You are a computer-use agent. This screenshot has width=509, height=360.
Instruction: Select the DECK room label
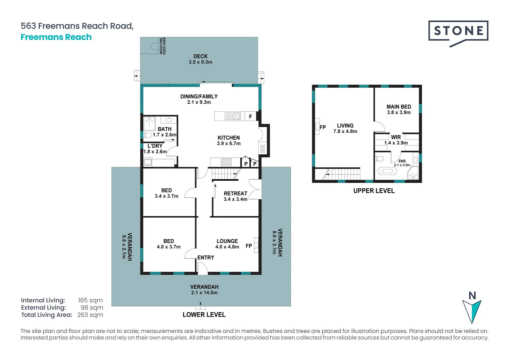(x=201, y=56)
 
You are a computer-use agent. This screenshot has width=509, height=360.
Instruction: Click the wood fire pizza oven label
(x=163, y=46)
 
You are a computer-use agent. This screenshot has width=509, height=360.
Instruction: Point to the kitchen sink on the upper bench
(x=233, y=116)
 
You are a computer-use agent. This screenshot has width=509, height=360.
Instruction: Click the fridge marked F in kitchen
(x=251, y=116)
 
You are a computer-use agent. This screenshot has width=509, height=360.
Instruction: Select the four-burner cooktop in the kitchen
(x=226, y=162)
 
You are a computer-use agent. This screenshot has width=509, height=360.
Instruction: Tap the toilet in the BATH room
(x=148, y=135)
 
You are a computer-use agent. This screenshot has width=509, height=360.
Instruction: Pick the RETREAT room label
(x=236, y=193)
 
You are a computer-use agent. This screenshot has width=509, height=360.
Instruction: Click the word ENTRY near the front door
(x=206, y=257)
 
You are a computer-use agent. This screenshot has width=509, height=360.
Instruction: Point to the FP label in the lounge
(x=249, y=246)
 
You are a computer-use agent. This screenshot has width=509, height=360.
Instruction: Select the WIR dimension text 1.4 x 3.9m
(x=396, y=143)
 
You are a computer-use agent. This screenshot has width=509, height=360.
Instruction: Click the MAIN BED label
(x=399, y=107)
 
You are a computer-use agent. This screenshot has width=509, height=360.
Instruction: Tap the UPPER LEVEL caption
(x=374, y=191)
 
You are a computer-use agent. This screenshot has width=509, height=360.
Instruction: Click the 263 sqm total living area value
(x=90, y=315)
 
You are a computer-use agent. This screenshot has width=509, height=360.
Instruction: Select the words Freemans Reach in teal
(x=56, y=37)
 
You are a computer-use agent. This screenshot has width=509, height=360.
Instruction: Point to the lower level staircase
(x=226, y=174)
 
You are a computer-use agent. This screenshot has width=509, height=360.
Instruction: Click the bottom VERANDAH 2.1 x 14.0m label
(x=204, y=290)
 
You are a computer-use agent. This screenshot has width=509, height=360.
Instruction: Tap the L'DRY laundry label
(x=155, y=146)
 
